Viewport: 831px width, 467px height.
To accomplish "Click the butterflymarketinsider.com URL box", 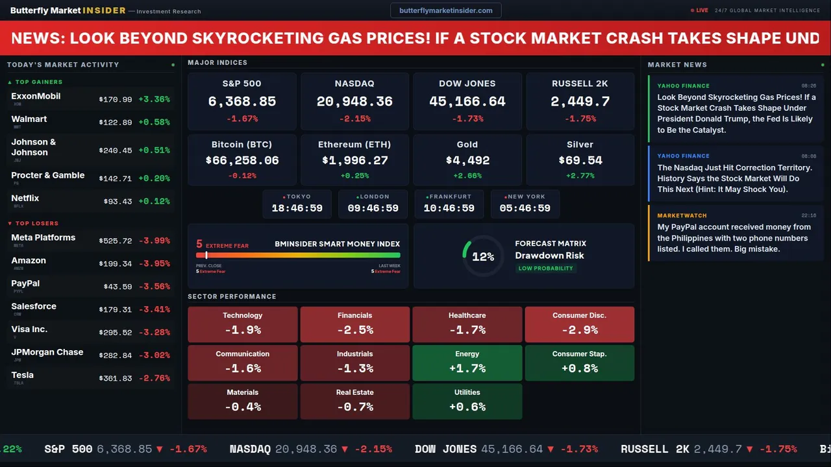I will coord(445,10).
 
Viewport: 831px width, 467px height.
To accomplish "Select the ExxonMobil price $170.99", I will coord(116,100).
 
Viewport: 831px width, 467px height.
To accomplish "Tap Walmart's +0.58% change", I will coord(155,123).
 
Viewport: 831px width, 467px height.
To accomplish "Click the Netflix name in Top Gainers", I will coord(25,198).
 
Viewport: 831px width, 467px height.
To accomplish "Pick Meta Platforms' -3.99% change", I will coord(155,241).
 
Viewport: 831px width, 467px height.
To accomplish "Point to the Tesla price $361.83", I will coord(116,378).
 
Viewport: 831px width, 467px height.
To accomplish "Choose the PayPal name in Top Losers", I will coord(25,283).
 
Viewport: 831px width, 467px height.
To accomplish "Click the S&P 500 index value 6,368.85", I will coord(242,102).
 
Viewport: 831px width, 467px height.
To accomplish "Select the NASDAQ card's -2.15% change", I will coord(354,119).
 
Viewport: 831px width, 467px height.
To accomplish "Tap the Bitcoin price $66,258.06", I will coord(242,160).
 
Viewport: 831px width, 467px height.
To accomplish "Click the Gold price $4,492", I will coord(467,160).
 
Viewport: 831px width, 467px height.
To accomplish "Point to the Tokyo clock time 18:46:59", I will coord(297,208).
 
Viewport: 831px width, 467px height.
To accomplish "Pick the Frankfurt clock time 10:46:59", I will coord(449,208).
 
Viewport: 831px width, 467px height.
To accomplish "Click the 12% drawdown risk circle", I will coord(483,257).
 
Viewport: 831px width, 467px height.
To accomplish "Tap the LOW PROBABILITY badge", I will coord(545,269).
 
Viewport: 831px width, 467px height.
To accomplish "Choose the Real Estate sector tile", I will coord(354,401).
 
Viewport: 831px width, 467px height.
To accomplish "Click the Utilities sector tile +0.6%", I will coord(467,401).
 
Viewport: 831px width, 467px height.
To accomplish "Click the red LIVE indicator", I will coord(699,10).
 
